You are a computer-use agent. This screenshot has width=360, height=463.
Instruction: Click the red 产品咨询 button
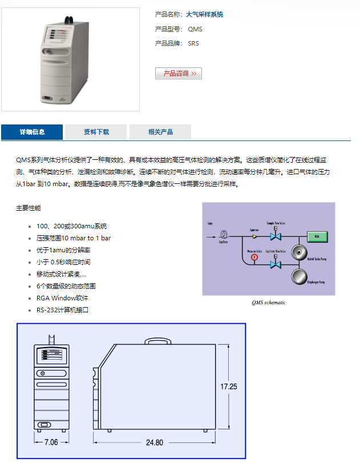(x=178, y=74)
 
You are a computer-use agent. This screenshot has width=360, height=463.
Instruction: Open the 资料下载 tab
(x=96, y=132)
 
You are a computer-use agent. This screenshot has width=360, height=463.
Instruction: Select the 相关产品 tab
(x=160, y=132)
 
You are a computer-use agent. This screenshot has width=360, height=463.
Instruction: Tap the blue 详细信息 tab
(x=32, y=132)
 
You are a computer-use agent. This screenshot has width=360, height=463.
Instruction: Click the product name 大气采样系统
(x=205, y=14)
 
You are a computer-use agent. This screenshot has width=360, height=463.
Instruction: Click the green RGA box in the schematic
(x=317, y=236)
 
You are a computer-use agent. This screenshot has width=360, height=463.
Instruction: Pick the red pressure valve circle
(x=254, y=257)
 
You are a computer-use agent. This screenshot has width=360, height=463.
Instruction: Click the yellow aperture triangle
(x=255, y=235)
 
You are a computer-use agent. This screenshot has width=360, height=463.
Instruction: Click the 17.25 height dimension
(x=229, y=386)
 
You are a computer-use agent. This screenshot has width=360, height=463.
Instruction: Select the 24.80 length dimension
(x=154, y=442)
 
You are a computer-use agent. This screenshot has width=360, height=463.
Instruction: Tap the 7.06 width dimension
(x=51, y=442)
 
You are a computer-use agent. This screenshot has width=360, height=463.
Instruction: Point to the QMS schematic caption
(x=269, y=303)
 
